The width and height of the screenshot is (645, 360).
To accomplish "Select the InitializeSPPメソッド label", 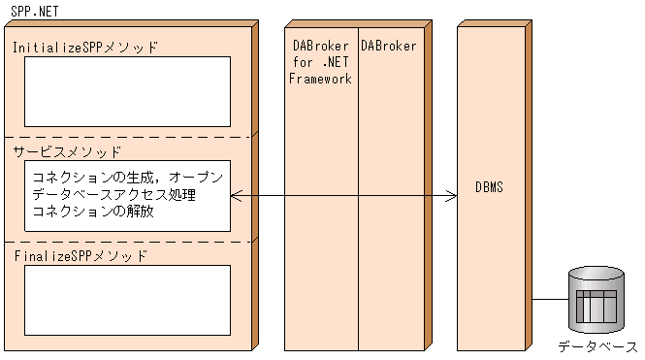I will click(x=84, y=47).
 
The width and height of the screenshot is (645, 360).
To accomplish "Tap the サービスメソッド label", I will click(x=67, y=151).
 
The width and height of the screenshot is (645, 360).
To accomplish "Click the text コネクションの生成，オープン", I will click(x=127, y=179).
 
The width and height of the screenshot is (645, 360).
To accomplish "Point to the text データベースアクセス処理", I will click(x=113, y=196).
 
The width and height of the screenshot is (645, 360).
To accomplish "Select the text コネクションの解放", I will click(x=93, y=213).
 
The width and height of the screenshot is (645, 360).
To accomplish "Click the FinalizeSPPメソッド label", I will click(x=81, y=256).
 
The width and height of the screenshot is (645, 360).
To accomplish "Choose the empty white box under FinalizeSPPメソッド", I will click(x=127, y=300).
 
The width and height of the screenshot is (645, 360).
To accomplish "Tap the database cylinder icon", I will click(x=596, y=304).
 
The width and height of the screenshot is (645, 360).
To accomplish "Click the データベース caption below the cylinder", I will click(x=597, y=346).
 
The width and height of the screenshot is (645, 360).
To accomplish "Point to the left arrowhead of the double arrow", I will click(x=236, y=196).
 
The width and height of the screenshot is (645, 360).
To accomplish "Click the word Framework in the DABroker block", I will click(x=320, y=80).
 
